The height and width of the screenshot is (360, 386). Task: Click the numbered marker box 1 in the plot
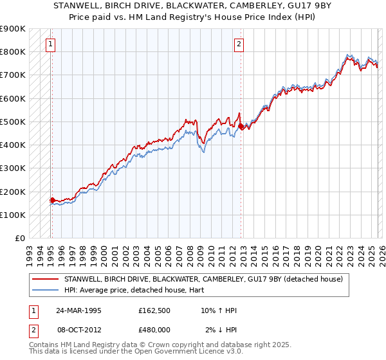pyautogui.click(x=50, y=44)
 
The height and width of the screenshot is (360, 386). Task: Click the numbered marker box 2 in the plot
pyautogui.click(x=239, y=44)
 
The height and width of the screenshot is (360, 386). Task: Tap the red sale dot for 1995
pyautogui.click(x=52, y=200)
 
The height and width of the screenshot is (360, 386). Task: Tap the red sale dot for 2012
pyautogui.click(x=241, y=127)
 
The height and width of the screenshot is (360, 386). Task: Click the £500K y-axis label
pyautogui.click(x=13, y=122)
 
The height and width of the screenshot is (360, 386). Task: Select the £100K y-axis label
pyautogui.click(x=13, y=215)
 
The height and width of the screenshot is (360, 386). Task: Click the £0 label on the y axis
pyautogui.click(x=19, y=239)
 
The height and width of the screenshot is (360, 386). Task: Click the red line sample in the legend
pyautogui.click(x=45, y=279)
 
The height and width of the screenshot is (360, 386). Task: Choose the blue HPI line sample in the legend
pyautogui.click(x=45, y=290)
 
